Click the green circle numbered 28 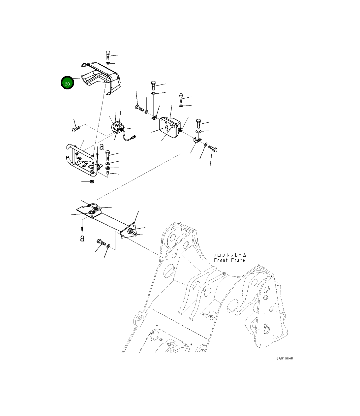coord(67,83)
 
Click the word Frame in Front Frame coord(238,261)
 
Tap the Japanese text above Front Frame coord(230,255)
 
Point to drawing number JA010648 coord(285,358)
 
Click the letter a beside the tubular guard coord(102,146)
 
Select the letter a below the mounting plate coord(82,238)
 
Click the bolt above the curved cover coord(108,55)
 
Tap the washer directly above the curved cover coord(108,63)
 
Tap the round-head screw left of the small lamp coord(76,129)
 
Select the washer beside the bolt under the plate coord(108,246)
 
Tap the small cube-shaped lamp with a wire coord(117,127)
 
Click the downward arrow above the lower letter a coord(82,226)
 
